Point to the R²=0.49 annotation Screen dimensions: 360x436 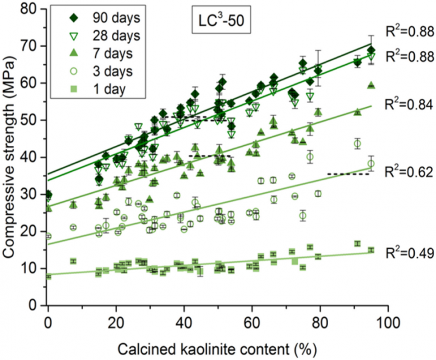pos(409,254)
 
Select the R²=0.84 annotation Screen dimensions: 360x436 pos(409,104)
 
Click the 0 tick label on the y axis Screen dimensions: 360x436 pos(36,306)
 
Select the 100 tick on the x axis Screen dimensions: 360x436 pos(387,321)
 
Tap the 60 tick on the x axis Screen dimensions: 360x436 pos(251,321)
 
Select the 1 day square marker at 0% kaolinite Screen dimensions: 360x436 pos(48,277)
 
